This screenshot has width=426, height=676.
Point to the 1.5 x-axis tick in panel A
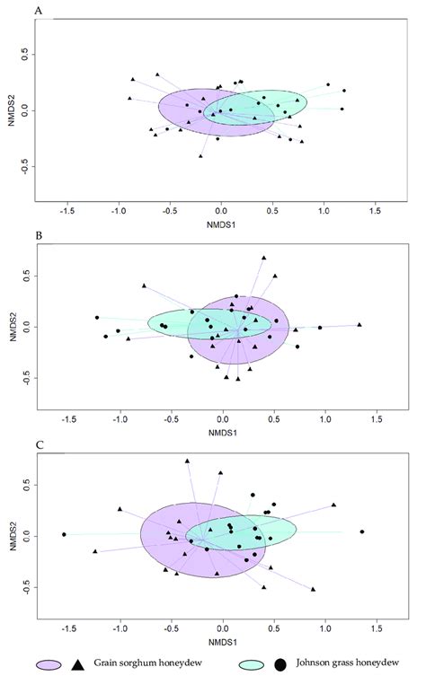coord(376,208)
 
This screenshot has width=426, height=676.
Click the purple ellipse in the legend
coord(49,664)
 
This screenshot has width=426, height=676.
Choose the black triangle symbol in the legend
coord(77,664)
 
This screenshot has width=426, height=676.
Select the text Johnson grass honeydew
coord(346,664)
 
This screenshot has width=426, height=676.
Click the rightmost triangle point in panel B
coord(359,324)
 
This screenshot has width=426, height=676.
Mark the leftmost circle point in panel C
coord(64,534)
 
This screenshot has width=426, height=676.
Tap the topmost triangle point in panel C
coord(187,461)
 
